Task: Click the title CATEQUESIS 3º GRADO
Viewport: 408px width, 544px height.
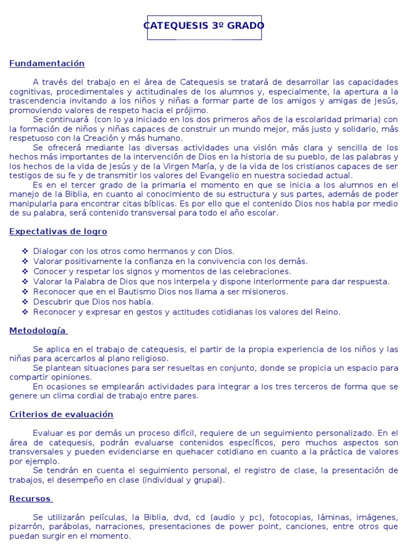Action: tap(204, 26)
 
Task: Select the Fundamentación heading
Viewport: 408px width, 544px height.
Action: tap(47, 64)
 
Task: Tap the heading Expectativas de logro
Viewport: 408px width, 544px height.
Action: tap(58, 232)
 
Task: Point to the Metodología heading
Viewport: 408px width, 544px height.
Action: tap(38, 331)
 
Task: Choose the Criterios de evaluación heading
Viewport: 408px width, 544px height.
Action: tap(62, 414)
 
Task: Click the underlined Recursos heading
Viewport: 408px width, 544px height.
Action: tap(30, 499)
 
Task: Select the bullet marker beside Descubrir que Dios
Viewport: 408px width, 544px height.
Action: tap(25, 302)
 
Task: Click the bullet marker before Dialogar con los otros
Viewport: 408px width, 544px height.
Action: tap(25, 251)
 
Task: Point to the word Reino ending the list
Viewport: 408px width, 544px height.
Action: tap(328, 312)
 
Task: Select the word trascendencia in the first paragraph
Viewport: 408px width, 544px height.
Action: tap(37, 101)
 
